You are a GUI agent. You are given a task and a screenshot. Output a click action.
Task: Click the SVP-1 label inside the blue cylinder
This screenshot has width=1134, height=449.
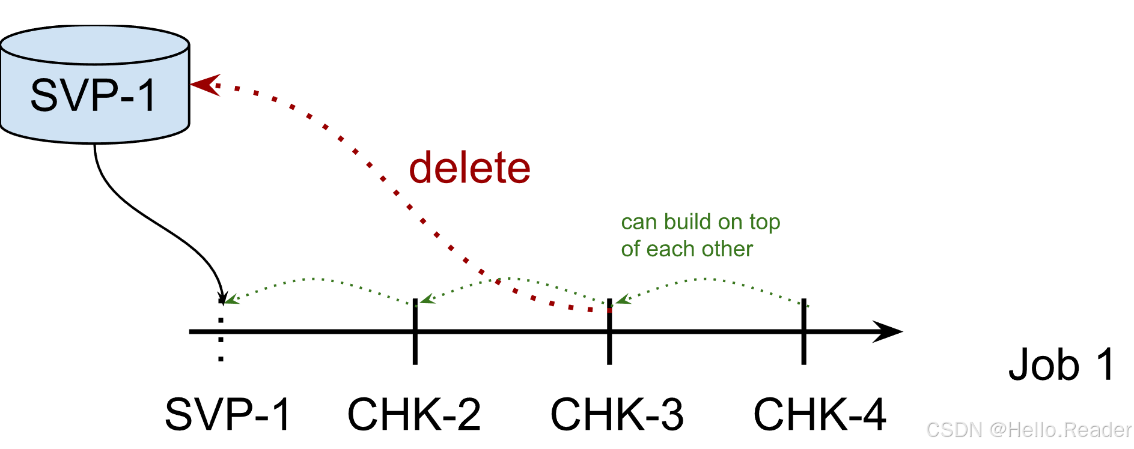coord(94,95)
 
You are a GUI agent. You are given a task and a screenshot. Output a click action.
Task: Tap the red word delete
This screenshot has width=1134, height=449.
coord(470,167)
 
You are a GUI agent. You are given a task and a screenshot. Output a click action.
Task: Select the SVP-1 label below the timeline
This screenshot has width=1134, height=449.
coord(228,414)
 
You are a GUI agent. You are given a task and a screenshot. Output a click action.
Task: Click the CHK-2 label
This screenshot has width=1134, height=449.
coord(414,414)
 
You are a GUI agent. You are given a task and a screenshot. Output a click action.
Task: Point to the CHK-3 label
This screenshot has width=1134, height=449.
coord(617,414)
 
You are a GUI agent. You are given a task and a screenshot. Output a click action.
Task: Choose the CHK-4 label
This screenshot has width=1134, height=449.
coord(820,414)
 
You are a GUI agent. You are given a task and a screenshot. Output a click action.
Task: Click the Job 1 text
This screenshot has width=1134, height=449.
coord(1062,364)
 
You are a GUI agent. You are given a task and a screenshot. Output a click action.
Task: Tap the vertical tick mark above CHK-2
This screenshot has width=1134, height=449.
coord(415,331)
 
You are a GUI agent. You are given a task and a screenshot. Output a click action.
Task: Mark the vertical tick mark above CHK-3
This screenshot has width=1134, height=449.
coord(609,331)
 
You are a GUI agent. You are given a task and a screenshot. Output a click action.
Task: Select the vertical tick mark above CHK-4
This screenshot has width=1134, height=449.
coord(803,331)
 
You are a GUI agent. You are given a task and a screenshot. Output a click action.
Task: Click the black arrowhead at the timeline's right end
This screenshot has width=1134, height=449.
coord(888,331)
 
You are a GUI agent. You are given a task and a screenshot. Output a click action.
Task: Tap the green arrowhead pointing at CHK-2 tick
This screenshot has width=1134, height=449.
coord(427,299)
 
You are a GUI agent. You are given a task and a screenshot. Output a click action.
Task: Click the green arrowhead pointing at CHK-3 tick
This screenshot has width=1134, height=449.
coord(623,299)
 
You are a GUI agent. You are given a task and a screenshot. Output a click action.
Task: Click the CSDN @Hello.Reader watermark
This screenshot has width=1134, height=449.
coord(1029,430)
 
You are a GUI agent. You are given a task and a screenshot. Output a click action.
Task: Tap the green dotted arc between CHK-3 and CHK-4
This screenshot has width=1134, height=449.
coord(712,279)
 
